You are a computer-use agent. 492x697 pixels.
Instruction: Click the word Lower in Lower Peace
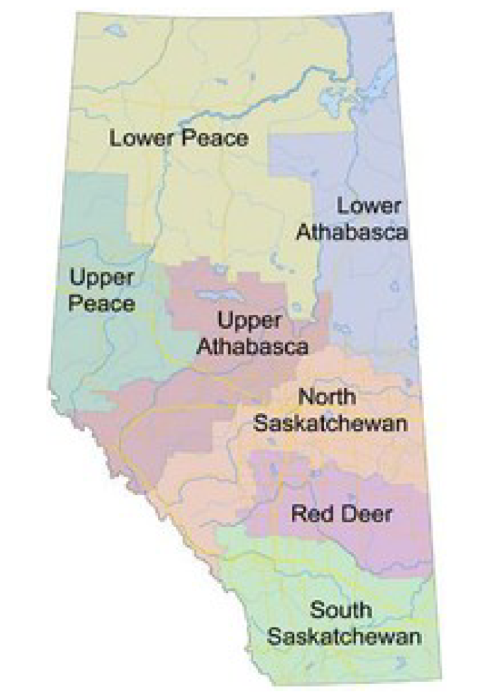tap(142, 139)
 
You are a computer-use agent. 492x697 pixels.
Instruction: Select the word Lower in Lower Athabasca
tap(370, 206)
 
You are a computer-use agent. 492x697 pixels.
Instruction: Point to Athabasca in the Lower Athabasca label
tap(352, 232)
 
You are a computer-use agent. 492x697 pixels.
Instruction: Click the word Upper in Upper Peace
tap(102, 278)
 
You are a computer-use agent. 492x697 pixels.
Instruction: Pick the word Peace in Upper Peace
tap(101, 304)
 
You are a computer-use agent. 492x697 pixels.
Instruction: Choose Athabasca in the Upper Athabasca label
tap(252, 346)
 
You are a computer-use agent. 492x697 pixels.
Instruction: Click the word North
tap(327, 396)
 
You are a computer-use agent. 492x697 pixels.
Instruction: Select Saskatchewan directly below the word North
tap(331, 423)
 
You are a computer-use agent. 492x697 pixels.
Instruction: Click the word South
tap(341, 610)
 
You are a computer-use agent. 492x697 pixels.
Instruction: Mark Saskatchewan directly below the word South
tap(344, 637)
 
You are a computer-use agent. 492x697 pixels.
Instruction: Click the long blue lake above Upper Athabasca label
tap(219, 295)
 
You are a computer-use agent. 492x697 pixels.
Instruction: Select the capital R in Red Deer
tap(297, 513)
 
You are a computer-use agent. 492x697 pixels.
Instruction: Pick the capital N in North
tap(306, 396)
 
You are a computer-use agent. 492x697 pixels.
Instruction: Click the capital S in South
tap(316, 610)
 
